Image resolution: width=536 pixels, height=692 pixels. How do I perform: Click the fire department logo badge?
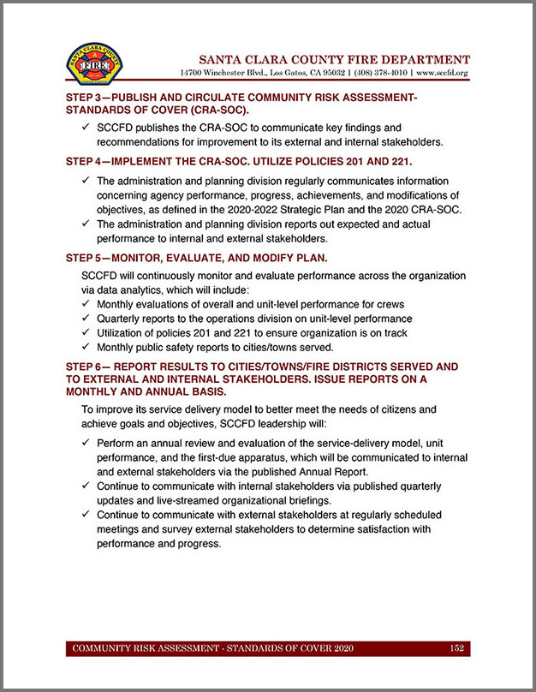click(94, 65)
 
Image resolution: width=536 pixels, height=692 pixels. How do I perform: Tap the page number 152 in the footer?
click(456, 648)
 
